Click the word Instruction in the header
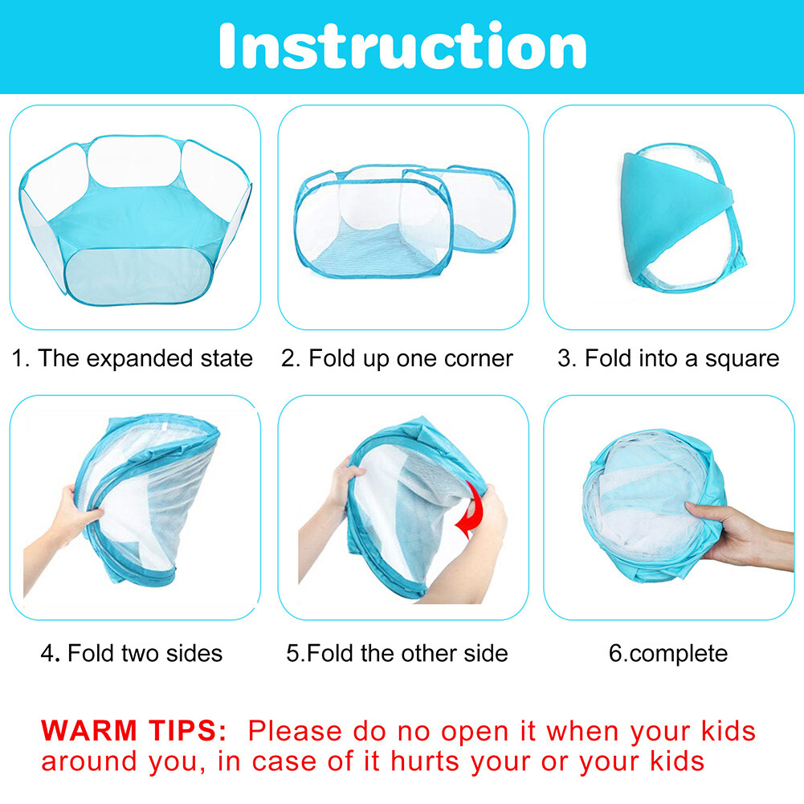[402, 46]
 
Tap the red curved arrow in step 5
[469, 514]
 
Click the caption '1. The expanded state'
[132, 358]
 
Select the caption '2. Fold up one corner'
[397, 358]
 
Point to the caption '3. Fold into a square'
[668, 358]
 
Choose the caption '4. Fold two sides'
[132, 653]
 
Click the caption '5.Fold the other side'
[397, 653]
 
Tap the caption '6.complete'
[668, 653]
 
